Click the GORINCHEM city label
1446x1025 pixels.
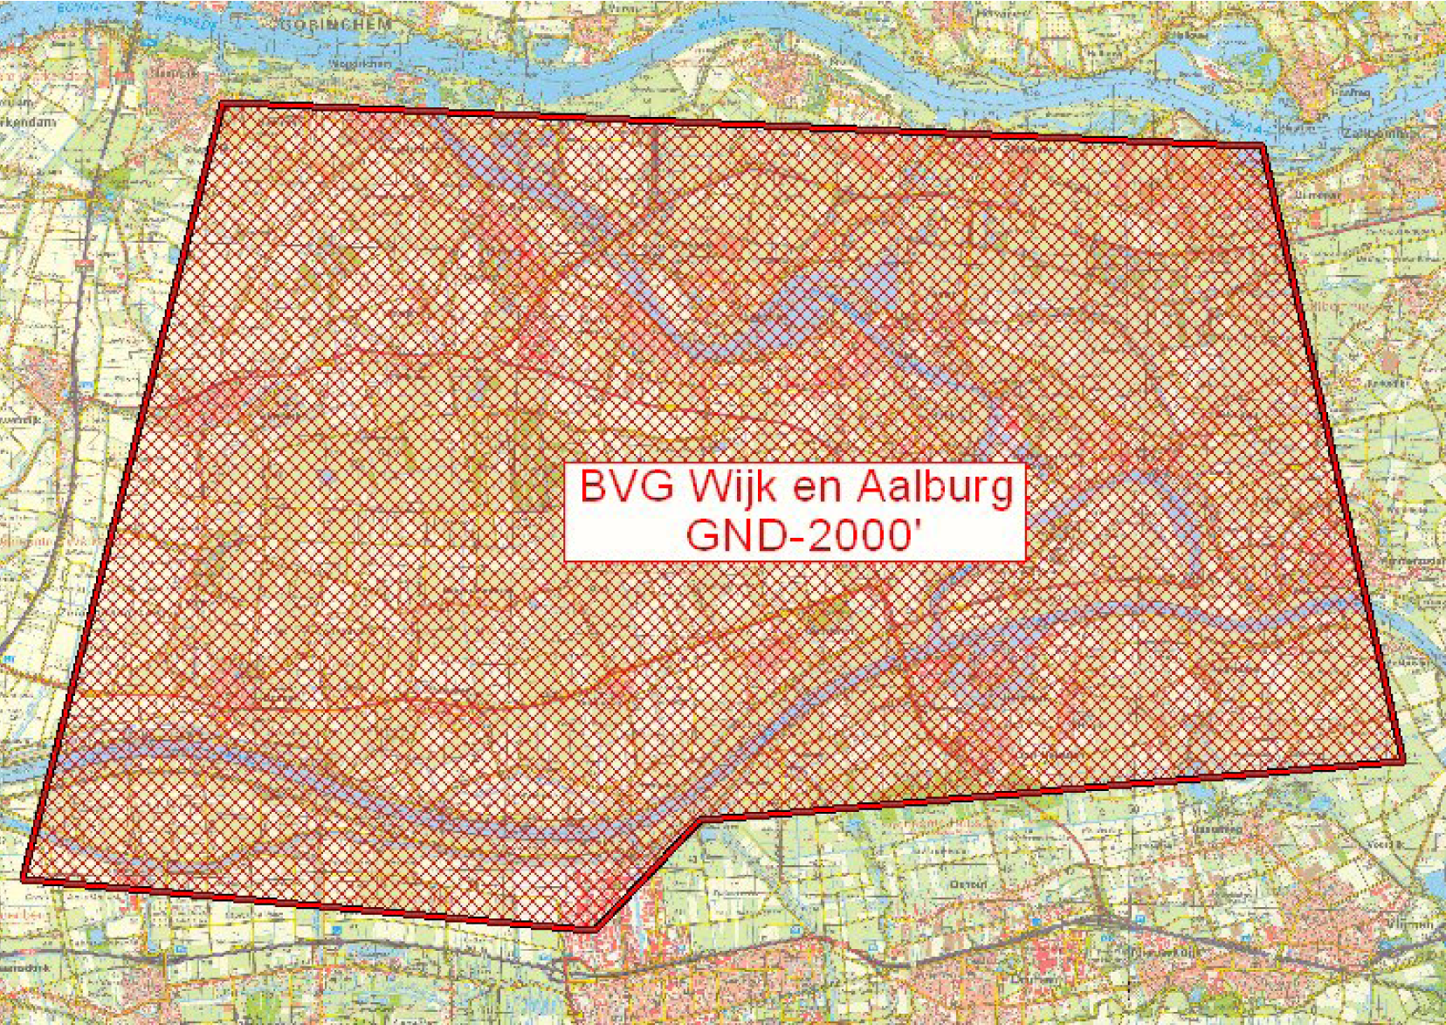click(x=336, y=25)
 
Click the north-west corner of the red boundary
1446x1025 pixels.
click(x=223, y=105)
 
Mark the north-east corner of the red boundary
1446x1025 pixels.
click(x=1263, y=145)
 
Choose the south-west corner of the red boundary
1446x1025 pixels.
click(x=24, y=877)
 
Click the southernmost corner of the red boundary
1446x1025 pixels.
click(x=595, y=929)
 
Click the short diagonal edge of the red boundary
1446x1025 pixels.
click(x=646, y=875)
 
